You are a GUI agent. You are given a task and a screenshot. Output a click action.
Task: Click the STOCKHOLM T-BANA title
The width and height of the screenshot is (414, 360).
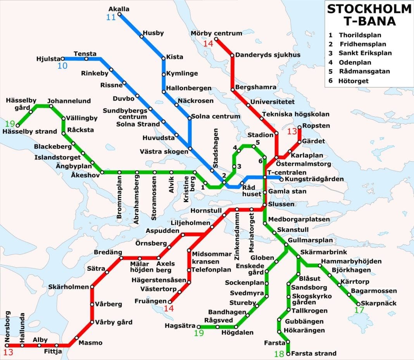369,15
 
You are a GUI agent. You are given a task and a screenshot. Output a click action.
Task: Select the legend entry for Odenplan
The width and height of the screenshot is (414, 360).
355,62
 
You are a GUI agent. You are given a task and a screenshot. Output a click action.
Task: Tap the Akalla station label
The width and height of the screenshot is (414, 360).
119,9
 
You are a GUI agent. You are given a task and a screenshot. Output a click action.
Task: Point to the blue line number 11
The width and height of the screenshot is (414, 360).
111,17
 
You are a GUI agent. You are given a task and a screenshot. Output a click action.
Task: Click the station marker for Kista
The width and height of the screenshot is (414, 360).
164,59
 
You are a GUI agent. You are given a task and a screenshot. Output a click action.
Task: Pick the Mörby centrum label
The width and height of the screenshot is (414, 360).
216,33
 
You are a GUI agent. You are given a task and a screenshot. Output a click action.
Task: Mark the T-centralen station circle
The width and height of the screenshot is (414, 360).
265,177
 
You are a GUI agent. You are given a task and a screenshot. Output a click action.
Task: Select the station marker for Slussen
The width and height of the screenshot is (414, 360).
265,205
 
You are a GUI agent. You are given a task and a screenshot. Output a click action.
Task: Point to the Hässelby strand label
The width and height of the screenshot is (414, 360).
30,131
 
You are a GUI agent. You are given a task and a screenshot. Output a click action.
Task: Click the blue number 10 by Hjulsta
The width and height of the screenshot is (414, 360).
62,66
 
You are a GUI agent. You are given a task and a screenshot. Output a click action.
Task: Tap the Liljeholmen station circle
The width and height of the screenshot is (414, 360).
212,227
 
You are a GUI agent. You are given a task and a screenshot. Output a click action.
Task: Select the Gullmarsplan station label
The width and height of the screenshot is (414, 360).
310,240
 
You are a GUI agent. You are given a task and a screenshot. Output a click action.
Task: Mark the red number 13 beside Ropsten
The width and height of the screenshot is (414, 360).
292,132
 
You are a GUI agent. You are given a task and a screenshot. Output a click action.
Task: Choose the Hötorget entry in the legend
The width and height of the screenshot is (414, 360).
354,81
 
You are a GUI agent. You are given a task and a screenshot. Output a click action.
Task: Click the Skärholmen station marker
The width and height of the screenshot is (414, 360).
92,287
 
